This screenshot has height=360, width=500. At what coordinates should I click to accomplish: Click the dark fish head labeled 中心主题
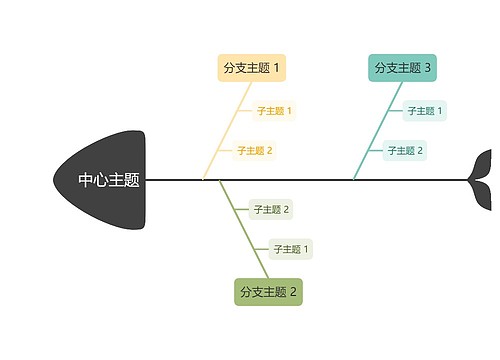[105, 180]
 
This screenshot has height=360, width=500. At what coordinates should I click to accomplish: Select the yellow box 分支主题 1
[252, 68]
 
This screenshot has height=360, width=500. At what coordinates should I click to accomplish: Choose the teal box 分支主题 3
[403, 68]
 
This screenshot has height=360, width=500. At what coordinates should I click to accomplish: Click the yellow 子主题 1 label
[274, 111]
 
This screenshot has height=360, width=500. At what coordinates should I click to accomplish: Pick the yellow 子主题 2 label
[255, 151]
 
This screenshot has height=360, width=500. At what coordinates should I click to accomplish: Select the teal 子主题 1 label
[425, 111]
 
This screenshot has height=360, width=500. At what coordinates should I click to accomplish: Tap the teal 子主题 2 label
[406, 151]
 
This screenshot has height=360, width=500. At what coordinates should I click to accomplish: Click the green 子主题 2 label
[271, 209]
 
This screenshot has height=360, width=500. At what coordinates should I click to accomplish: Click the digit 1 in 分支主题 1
[277, 68]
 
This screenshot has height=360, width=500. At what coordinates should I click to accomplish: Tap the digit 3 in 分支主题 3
[428, 68]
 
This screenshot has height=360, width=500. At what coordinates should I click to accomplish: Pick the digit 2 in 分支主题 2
[294, 292]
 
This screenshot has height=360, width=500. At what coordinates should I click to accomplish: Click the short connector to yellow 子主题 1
[245, 111]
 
